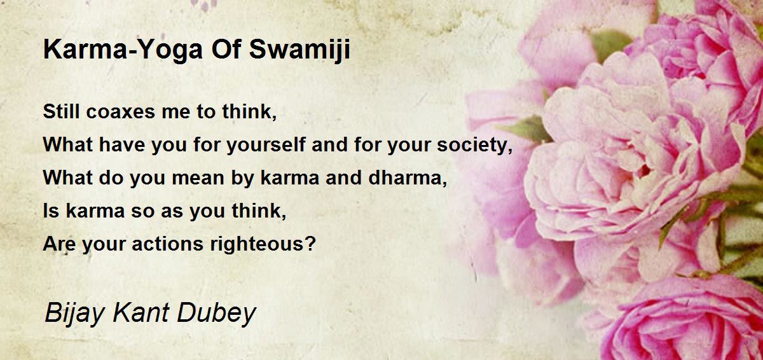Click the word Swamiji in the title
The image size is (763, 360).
point(299,50)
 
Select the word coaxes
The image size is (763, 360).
point(121,112)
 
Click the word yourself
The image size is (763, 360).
point(266,145)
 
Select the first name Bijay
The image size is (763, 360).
point(74,314)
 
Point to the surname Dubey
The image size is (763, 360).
point(216,314)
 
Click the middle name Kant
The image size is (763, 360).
point(141,313)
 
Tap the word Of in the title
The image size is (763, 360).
point(226,50)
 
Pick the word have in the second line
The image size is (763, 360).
point(122,145)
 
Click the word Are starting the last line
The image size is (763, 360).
point(59,244)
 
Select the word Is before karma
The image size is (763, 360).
point(51,211)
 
